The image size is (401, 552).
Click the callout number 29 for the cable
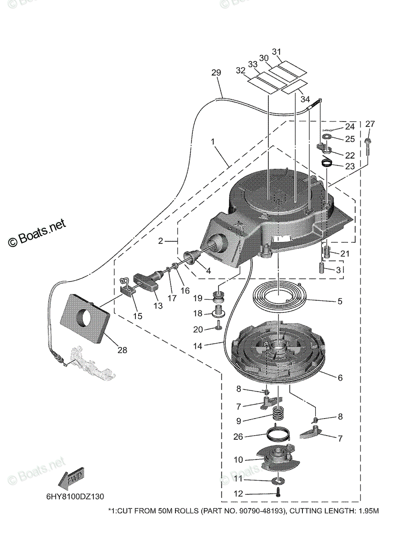[x=216, y=73]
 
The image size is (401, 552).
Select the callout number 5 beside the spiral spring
[x=340, y=302]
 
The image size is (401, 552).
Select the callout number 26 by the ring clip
[x=238, y=437]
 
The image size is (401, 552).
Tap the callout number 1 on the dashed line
[x=213, y=143]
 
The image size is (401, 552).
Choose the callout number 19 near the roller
[x=198, y=299]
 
